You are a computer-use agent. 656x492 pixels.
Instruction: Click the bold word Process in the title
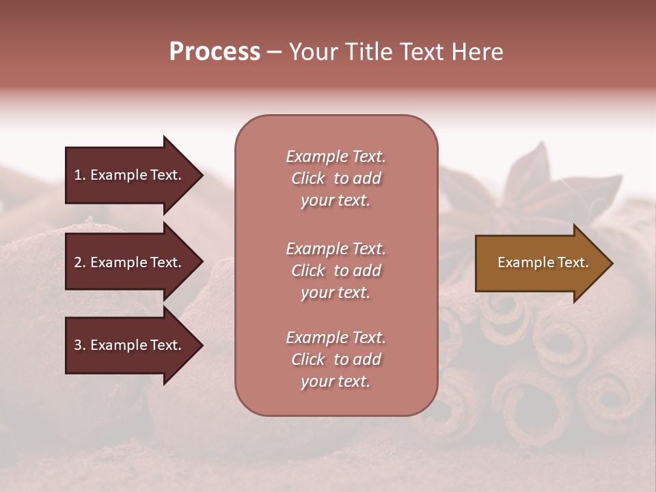[x=215, y=52]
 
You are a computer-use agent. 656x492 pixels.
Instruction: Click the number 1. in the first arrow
[x=80, y=175]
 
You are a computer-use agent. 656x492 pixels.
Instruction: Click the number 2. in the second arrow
[x=80, y=262]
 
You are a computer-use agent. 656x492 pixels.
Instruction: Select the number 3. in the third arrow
[x=80, y=345]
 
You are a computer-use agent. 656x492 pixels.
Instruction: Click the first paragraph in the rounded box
[x=336, y=178]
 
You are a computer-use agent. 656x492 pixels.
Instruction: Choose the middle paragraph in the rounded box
[x=336, y=271]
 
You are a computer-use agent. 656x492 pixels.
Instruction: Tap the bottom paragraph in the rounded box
[x=336, y=359]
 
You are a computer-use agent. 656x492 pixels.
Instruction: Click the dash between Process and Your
[x=275, y=53]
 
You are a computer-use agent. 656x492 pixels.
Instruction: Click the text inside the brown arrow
[x=543, y=262]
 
